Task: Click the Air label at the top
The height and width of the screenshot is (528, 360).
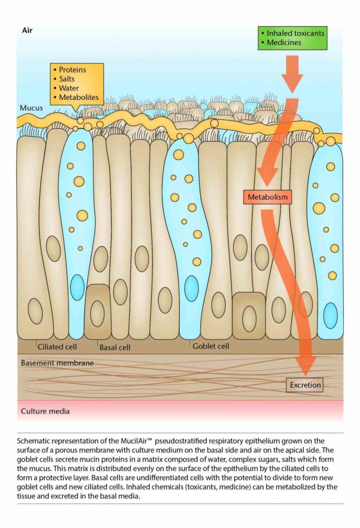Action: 27,30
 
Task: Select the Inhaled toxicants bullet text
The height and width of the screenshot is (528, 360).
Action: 295,33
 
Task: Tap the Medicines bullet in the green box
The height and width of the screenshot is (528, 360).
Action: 284,42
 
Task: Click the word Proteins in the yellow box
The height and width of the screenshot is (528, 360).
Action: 72,70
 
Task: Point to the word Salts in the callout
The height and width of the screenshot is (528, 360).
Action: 67,79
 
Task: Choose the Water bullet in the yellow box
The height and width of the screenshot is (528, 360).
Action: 69,88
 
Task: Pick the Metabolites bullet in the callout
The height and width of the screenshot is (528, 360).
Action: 79,98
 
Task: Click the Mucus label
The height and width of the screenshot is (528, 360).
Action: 31,108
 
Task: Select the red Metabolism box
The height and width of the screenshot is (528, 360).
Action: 268,197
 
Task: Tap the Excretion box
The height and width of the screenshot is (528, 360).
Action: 305,385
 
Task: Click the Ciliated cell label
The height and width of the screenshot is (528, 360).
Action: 57,347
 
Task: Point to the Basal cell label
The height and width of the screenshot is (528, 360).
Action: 115,347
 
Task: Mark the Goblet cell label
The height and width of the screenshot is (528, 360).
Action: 211,346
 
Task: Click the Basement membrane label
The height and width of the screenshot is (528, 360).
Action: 57,363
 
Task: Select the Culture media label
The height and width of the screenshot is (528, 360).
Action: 45,411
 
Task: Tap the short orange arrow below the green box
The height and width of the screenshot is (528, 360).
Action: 292,74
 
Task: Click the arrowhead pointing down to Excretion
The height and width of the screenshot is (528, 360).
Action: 305,365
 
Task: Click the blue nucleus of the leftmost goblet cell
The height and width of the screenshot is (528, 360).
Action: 77,287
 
